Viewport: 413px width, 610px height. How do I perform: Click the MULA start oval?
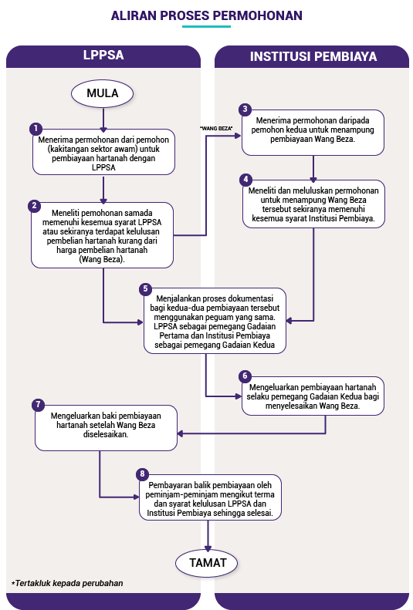coord(103,93)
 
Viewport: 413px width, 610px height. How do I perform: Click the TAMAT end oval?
coord(207,563)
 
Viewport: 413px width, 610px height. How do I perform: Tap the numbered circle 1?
coord(36,128)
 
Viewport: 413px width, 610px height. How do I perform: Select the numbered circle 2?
coord(34,205)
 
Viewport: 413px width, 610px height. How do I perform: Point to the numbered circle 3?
coord(245,110)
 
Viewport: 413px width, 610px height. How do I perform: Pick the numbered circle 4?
coord(245,180)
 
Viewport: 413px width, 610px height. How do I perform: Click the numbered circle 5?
coord(146,289)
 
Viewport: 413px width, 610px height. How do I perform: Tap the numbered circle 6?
coord(245,376)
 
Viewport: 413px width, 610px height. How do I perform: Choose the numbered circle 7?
coord(38,405)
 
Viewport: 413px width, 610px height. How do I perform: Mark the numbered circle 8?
coord(142,474)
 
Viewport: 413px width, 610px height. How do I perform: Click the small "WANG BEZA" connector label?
coord(216,128)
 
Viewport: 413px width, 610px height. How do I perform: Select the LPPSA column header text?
coord(103,55)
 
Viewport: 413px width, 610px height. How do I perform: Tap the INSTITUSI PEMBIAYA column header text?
coord(313,56)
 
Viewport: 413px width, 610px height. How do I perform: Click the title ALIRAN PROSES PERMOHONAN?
coord(207,15)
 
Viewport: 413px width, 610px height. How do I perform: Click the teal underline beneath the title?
coord(207,26)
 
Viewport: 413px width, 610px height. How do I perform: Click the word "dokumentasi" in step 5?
coord(251,298)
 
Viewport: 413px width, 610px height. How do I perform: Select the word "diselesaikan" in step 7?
coord(106,434)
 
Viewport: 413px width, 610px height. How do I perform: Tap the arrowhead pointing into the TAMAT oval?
coord(208,548)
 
